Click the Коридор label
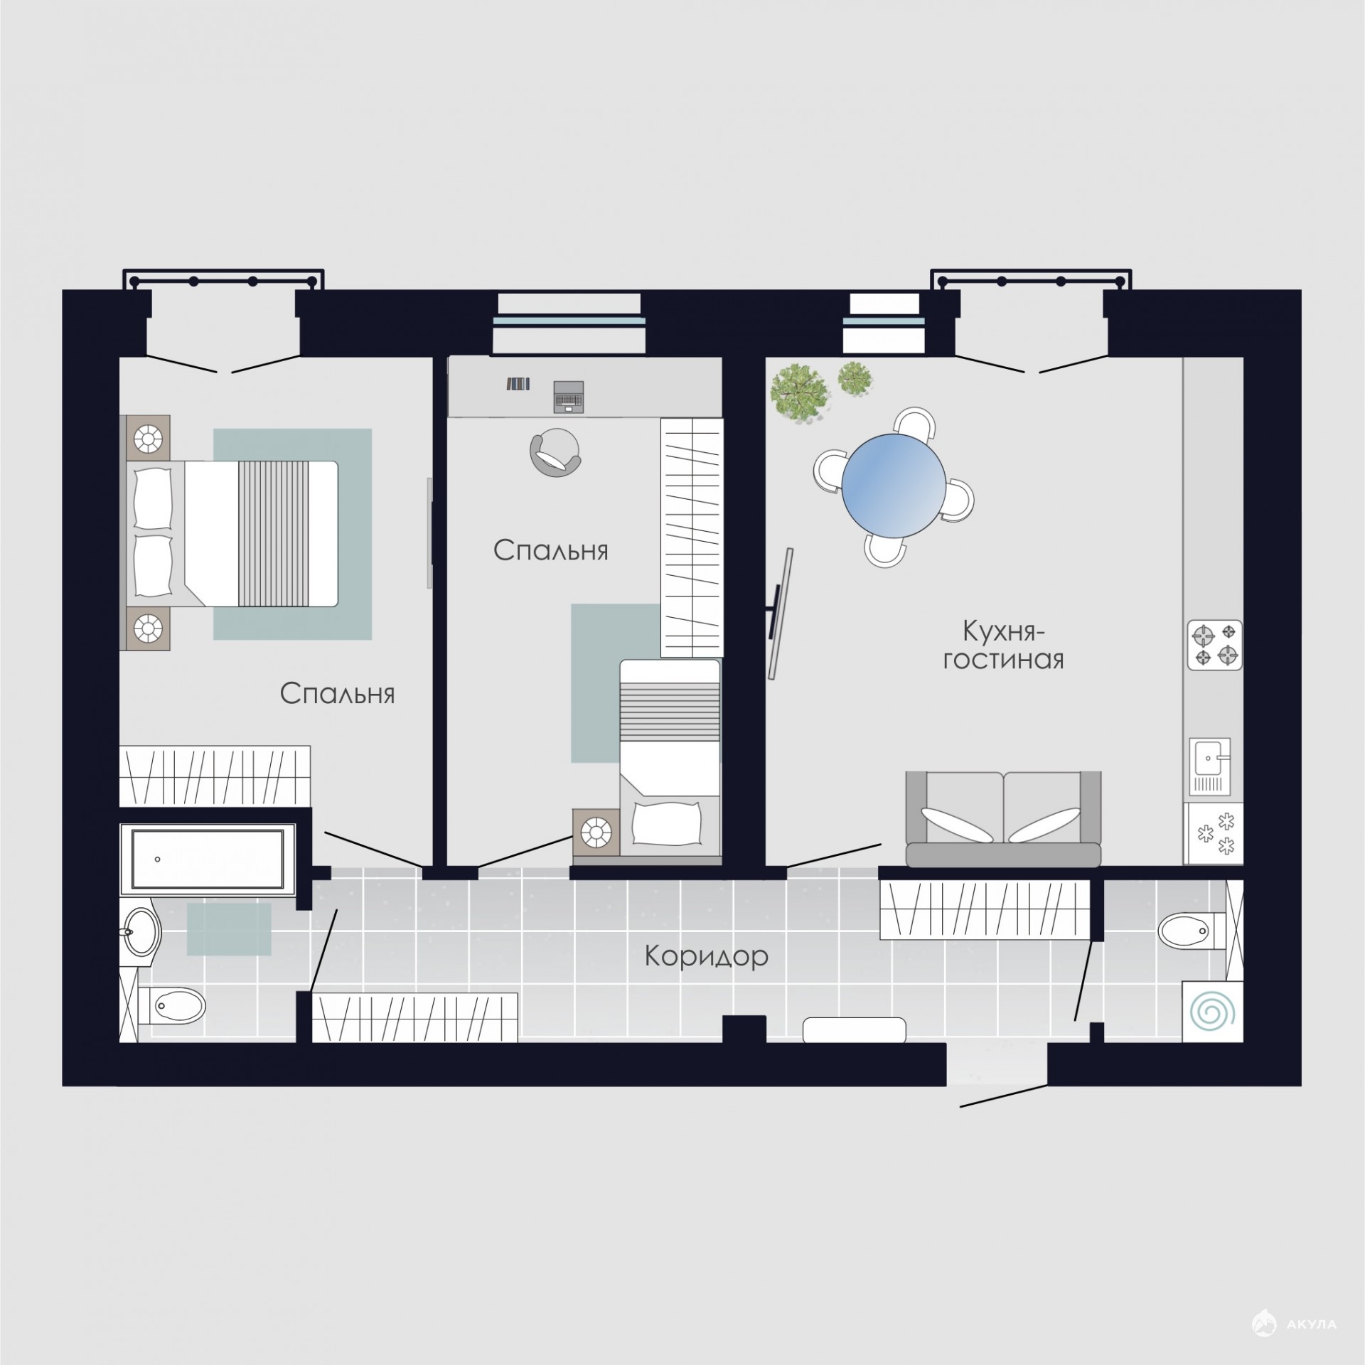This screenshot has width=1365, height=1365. click(x=706, y=957)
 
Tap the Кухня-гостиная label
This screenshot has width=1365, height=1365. click(x=1003, y=645)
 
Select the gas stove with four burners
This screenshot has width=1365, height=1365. click(x=1214, y=645)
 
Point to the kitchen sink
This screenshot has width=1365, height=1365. click(x=1209, y=767)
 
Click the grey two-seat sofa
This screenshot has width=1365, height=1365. click(x=1003, y=819)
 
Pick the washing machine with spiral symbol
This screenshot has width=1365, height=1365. click(x=1212, y=1012)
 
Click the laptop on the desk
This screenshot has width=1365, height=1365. click(x=568, y=396)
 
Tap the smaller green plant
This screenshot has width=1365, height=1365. click(x=855, y=378)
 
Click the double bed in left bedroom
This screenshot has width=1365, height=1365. click(x=232, y=533)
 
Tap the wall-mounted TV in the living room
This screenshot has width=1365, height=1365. click(x=780, y=614)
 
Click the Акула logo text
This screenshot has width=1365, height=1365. click(x=1312, y=1324)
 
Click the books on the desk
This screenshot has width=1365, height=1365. click(x=518, y=384)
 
